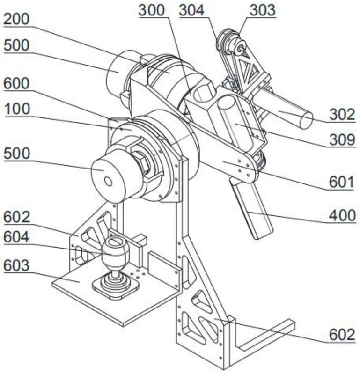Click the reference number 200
[x=16, y=19]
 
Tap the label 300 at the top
[x=152, y=10]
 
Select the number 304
[x=192, y=10]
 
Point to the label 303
[x=263, y=10]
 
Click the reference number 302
[x=342, y=115]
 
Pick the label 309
[x=342, y=139]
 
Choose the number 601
[x=341, y=183]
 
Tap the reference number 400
[x=342, y=216]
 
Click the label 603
[x=16, y=265]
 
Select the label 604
[x=16, y=237]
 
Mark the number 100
[x=17, y=109]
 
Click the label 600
[x=16, y=83]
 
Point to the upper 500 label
[x=16, y=45]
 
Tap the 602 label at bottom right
[x=342, y=334]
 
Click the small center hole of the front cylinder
[x=108, y=182]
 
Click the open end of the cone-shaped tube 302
[x=306, y=120]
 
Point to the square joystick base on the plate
[x=116, y=287]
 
